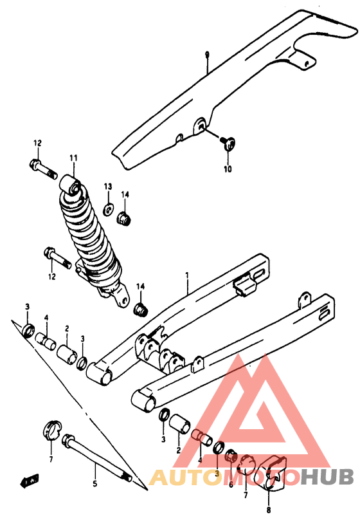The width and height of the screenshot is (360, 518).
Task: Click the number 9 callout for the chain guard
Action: [207, 54]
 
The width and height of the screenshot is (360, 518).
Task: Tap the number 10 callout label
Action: [228, 169]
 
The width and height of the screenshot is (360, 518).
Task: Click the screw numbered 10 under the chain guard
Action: [228, 143]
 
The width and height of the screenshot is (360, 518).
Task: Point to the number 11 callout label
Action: [73, 158]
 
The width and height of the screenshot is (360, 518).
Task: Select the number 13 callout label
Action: [108, 187]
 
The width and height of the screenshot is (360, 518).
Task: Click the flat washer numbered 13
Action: [108, 209]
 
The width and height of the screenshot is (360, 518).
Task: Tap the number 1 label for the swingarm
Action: [187, 275]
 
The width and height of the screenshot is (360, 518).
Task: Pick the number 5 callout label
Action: [94, 484]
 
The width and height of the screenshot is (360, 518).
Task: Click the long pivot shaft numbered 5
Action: [96, 458]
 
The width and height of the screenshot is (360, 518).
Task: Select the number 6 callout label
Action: [231, 485]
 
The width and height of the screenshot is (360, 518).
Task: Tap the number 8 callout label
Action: [269, 510]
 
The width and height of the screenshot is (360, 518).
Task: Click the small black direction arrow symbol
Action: [30, 481]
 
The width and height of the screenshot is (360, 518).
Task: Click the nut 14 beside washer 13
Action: [124, 218]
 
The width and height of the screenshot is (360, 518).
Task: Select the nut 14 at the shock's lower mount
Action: [141, 310]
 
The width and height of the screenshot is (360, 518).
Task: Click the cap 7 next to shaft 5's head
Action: [51, 430]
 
